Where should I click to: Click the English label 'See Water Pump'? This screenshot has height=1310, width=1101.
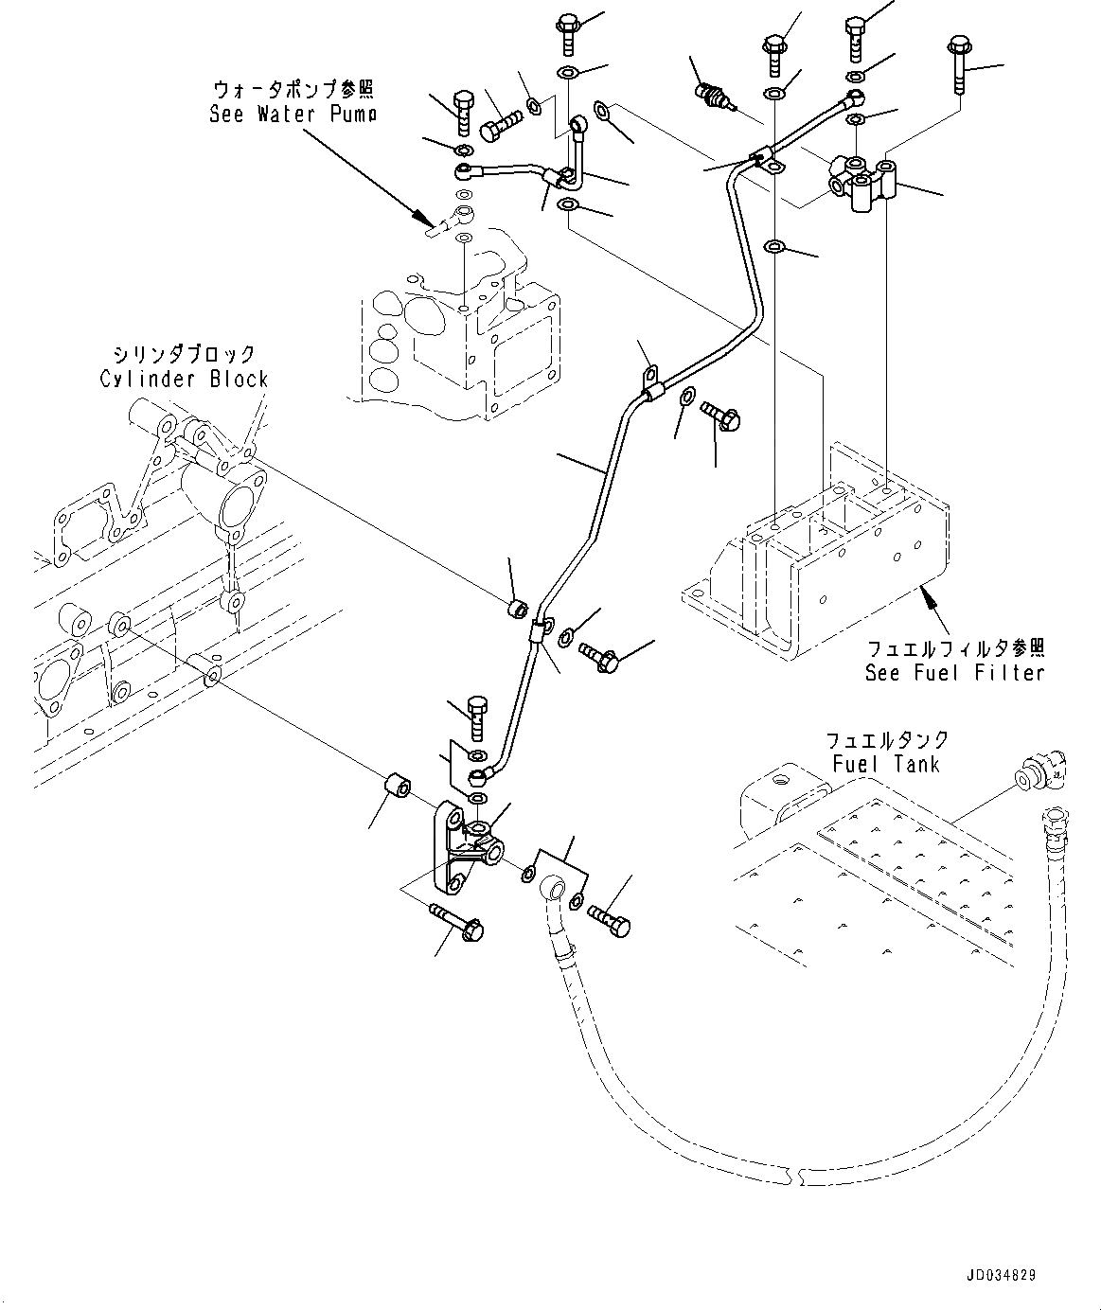[x=293, y=115]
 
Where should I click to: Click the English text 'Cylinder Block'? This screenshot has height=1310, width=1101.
[x=184, y=379]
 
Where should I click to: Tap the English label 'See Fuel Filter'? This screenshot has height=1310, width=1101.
[x=954, y=673]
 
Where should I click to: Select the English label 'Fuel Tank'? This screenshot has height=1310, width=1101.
[x=886, y=764]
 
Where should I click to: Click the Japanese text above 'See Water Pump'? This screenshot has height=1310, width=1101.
[x=293, y=90]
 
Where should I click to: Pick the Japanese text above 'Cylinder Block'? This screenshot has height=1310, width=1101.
[x=184, y=355]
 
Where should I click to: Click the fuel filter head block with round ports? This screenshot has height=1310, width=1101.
[x=862, y=183]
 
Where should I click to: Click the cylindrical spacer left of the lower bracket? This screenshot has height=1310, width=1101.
[x=398, y=788]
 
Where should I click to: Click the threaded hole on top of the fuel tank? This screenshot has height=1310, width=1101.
[x=782, y=783]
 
